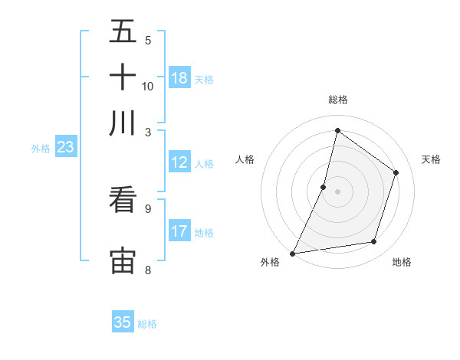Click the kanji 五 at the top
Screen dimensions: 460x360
tap(123, 34)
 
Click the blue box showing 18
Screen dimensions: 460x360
tap(179, 78)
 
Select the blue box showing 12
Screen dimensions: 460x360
tap(179, 162)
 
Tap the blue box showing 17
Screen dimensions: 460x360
tap(179, 231)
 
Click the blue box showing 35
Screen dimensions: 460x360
tap(123, 322)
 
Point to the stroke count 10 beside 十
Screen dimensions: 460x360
tap(148, 86)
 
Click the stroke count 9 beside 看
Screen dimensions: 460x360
tap(148, 208)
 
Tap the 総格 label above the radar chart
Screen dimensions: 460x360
tap(337, 100)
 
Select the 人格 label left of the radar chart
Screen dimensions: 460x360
tap(245, 159)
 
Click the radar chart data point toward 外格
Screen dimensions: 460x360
tap(292, 254)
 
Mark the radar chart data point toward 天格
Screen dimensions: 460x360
tap(396, 172)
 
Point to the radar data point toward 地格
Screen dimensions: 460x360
tap(374, 242)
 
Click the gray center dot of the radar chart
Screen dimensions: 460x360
tap(337, 191)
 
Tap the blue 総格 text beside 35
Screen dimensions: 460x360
tap(147, 324)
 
